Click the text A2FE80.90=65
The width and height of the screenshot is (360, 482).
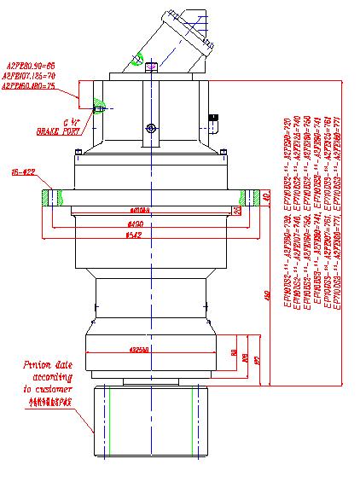point(31,65)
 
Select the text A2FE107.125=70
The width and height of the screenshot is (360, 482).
point(29,75)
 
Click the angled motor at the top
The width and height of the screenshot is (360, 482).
point(175,43)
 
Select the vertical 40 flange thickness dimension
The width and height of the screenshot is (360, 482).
point(267,197)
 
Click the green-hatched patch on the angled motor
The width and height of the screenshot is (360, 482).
point(138,60)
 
